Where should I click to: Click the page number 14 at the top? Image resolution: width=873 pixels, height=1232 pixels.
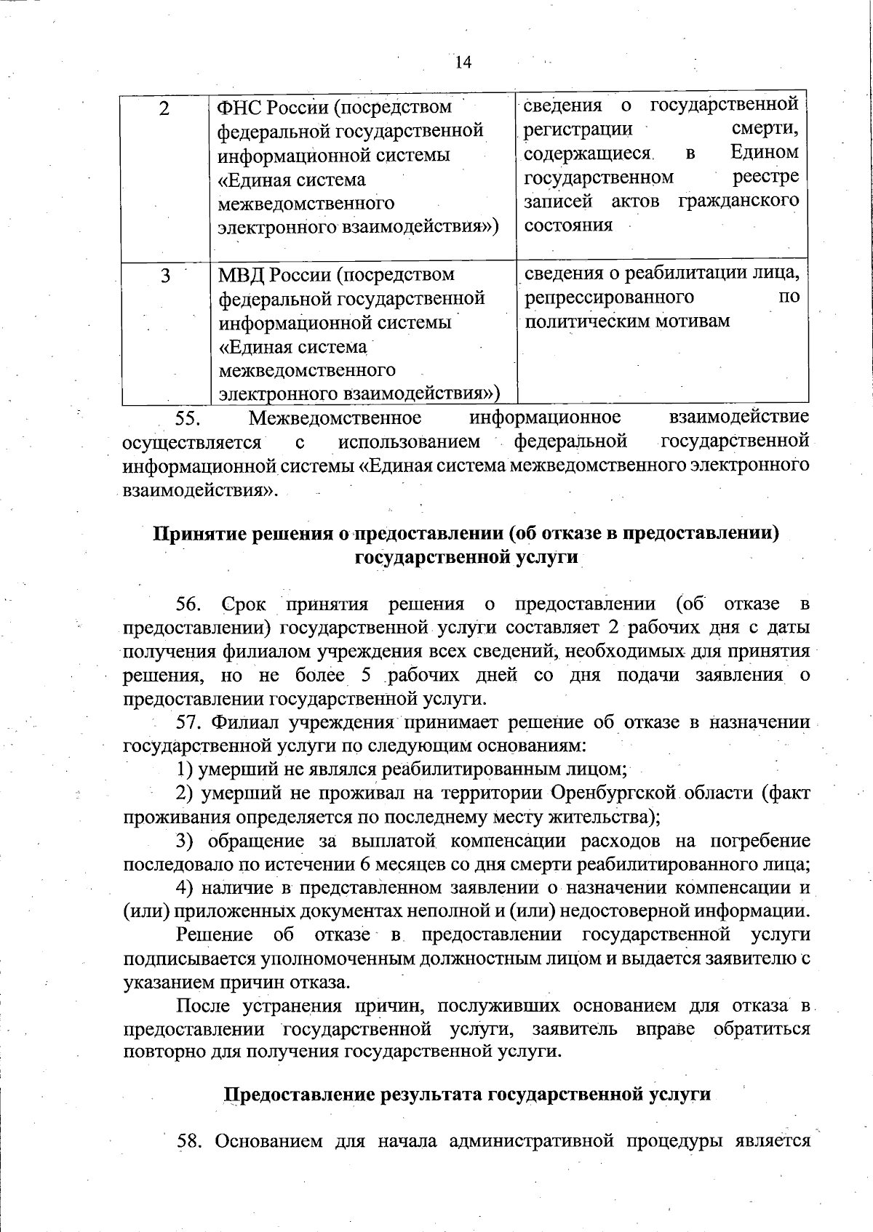[463, 63]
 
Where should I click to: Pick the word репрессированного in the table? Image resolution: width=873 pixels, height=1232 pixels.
[608, 297]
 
